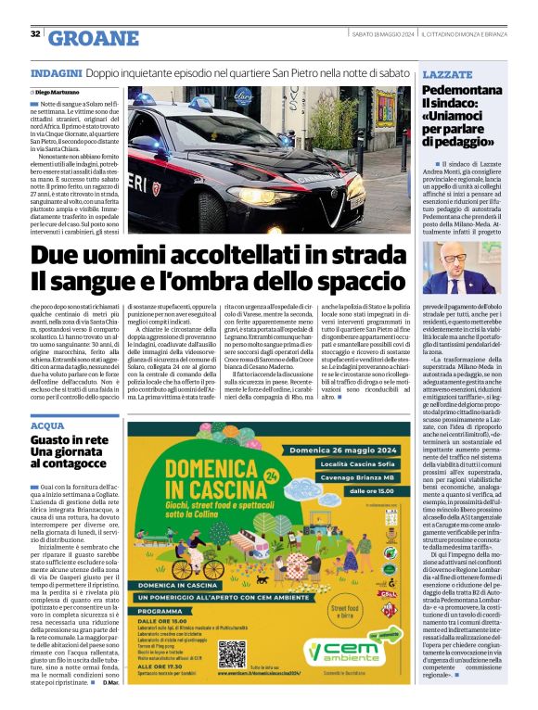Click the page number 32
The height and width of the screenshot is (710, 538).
(x=35, y=34)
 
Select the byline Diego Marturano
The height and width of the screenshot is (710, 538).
(x=58, y=93)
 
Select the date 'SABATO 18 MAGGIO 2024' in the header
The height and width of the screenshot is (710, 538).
(x=381, y=34)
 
